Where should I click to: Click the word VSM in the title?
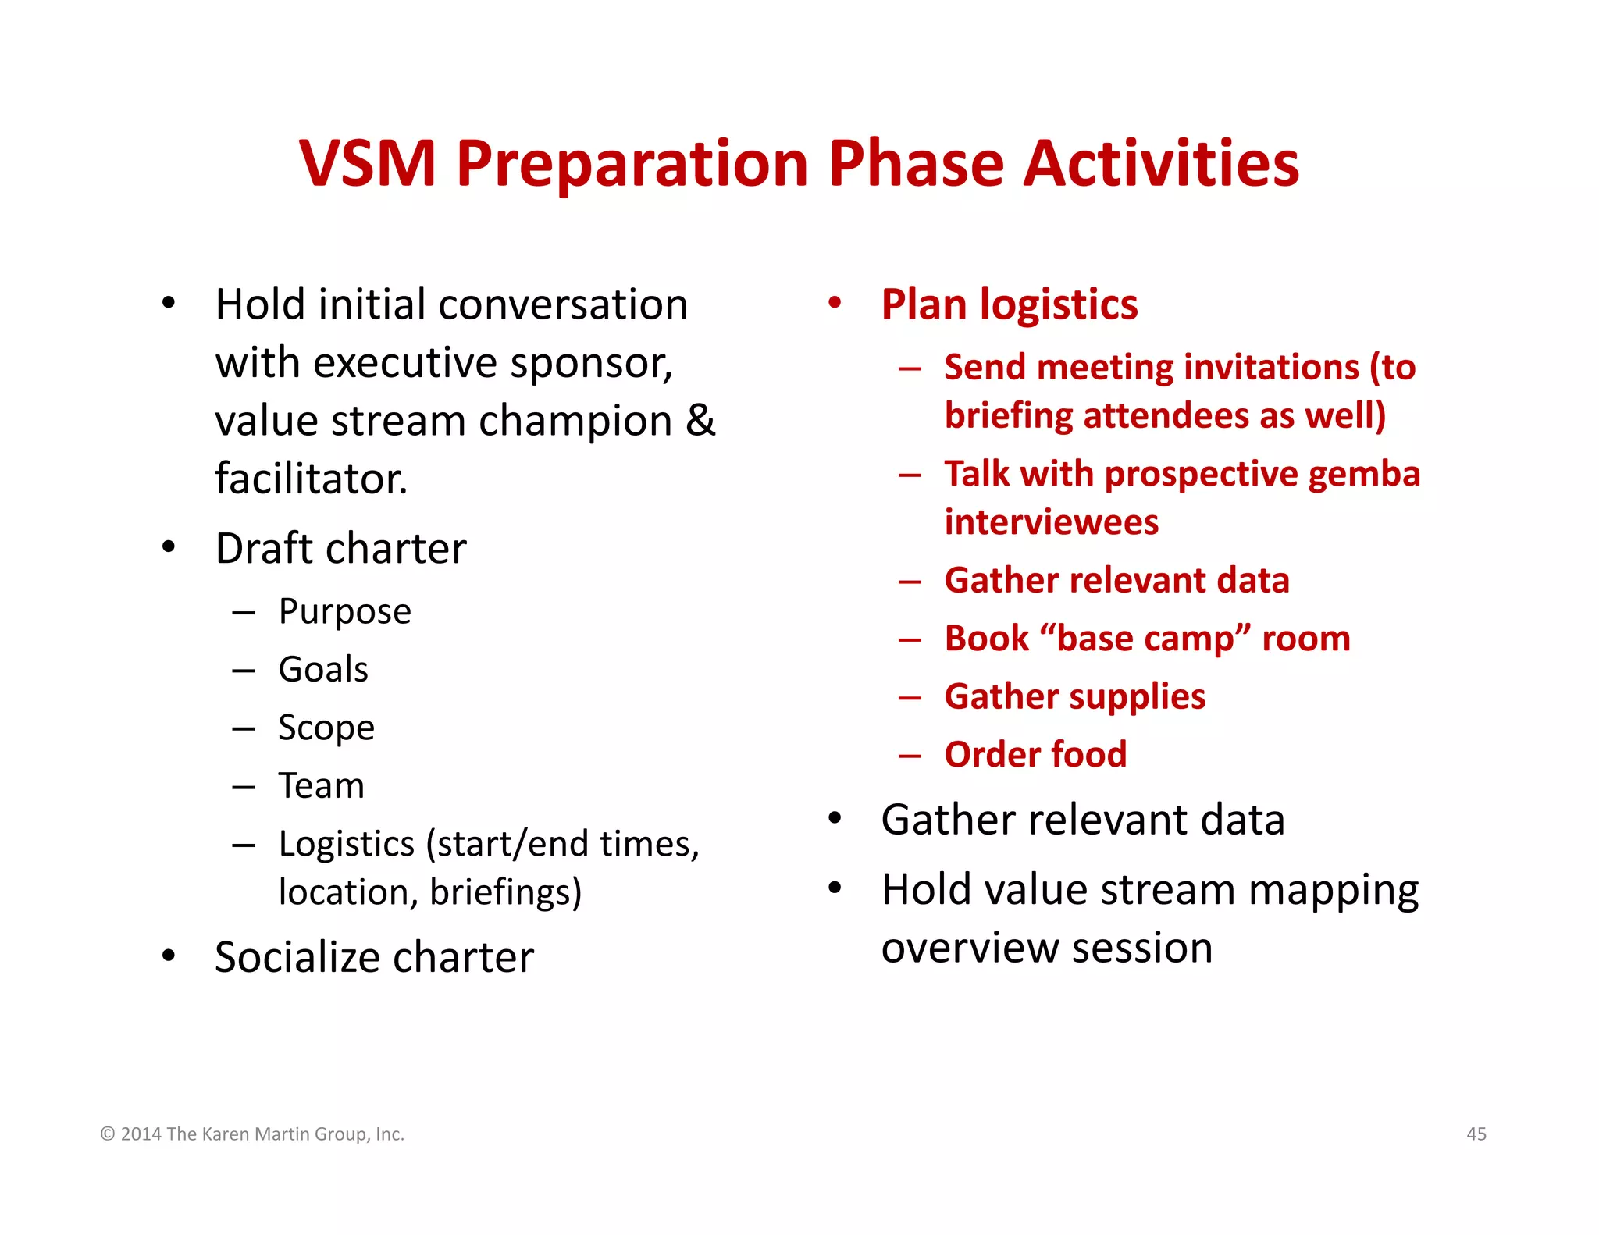coord(367,164)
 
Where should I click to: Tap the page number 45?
coord(1476,1134)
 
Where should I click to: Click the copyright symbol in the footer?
coord(108,1134)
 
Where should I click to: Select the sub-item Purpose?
coord(344,612)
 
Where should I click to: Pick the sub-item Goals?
coord(323,670)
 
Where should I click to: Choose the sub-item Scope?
coord(326,728)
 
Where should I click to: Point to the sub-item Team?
coord(321,786)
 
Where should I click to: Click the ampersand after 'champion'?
coord(700,421)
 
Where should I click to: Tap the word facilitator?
coord(311,479)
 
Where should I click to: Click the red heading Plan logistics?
coord(1009,304)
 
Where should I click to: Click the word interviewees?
coord(1051,522)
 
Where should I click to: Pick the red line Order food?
coord(1035,755)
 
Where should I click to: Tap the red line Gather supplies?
coord(1074,696)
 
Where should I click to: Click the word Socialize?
coord(309,958)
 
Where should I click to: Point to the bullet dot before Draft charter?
coord(169,547)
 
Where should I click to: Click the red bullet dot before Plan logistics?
coord(835,303)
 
